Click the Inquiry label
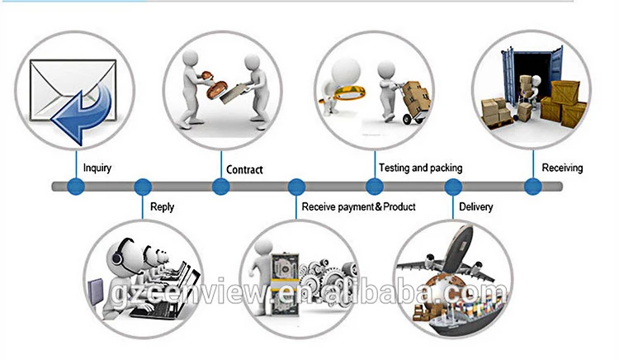pyautogui.click(x=97, y=168)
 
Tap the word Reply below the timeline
pyautogui.click(x=162, y=206)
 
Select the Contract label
pyautogui.click(x=244, y=169)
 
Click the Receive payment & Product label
pyautogui.click(x=358, y=206)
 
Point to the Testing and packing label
pyautogui.click(x=420, y=168)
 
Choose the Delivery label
pyautogui.click(x=475, y=206)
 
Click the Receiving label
pyautogui.click(x=562, y=168)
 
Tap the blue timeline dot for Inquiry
pyautogui.click(x=76, y=187)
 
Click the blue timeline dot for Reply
pyautogui.click(x=143, y=187)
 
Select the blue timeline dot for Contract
pyautogui.click(x=220, y=187)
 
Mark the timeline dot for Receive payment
pyautogui.click(x=295, y=187)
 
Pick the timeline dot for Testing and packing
pyautogui.click(x=372, y=187)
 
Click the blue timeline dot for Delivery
pyautogui.click(x=453, y=187)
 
